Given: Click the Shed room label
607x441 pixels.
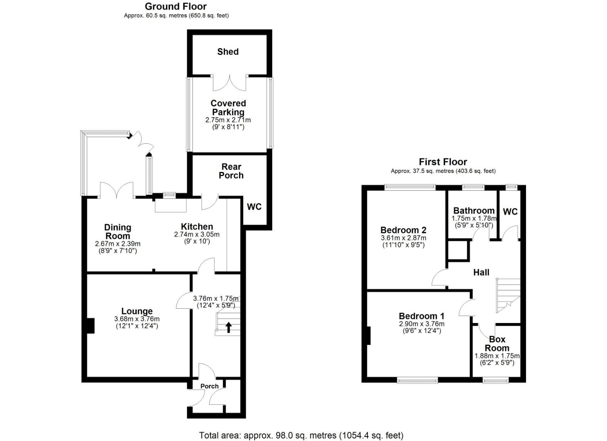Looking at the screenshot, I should pos(228,52).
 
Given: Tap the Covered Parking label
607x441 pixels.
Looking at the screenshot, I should pos(228,108).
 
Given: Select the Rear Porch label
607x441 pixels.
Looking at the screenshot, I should pos(231,171).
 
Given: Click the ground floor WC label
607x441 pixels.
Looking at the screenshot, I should pos(254,207).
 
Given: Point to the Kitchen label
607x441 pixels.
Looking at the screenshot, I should pos(197,227).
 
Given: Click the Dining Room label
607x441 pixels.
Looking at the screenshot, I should pos(118,232).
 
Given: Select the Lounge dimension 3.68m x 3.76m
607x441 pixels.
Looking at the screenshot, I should pos(137,319).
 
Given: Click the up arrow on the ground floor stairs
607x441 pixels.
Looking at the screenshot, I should pos(228,327).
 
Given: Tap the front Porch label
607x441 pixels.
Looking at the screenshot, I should pos(209,386).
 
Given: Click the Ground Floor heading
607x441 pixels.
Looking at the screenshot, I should pos(176,7).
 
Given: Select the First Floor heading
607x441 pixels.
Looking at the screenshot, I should pos(443,162).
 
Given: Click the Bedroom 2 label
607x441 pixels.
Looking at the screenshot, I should pos(403,230).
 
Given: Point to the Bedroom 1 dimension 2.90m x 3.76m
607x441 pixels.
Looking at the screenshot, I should pos(422,324).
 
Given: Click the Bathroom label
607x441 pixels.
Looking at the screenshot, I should pos(474,211).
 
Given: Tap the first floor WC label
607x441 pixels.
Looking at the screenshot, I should pos(510,212).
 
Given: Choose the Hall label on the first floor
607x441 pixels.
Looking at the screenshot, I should pos(481,272).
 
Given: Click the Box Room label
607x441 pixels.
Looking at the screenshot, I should pos(497,344).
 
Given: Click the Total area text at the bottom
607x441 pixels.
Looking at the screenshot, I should pos(301,435).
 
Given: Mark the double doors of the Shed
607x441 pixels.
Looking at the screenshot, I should pos(230,83).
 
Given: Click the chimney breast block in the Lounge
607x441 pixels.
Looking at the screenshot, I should pos(91,326).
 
